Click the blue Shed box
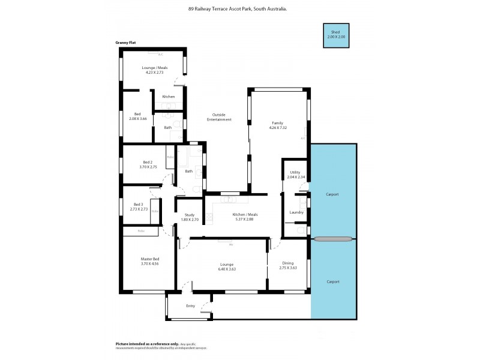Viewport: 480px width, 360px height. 336,35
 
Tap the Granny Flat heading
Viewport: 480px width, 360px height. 125,43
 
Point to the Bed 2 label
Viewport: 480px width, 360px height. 148,162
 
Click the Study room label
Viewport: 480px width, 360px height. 189,215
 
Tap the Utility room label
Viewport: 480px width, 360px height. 294,172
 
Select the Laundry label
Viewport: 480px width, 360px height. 296,212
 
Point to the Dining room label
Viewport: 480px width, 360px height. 288,263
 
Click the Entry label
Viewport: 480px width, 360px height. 190,306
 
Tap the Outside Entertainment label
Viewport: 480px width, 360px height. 219,117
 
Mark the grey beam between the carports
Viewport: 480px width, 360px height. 332,239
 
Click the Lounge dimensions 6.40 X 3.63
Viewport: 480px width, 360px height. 227,268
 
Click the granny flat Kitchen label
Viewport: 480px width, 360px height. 169,97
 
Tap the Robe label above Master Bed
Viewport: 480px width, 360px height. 141,230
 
